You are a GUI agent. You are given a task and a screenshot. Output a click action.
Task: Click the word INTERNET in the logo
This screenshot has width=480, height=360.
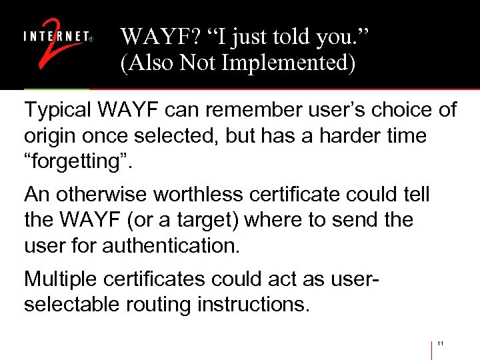pyautogui.click(x=56, y=38)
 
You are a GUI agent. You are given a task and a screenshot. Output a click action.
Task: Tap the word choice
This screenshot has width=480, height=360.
pyautogui.click(x=399, y=109)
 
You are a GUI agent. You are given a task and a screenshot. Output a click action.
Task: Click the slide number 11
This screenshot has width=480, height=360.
pyautogui.click(x=441, y=344)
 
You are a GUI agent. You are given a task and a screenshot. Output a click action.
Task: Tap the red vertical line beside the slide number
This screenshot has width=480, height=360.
pyautogui.click(x=432, y=350)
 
